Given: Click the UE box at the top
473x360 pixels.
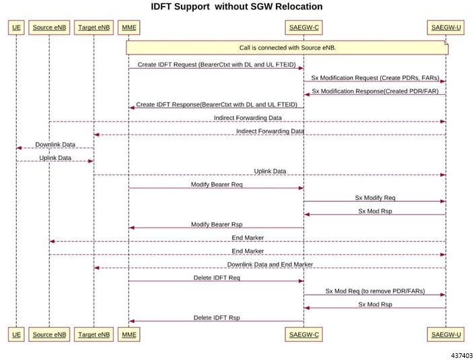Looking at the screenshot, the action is coord(16,28).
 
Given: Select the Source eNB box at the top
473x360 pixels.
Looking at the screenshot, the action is coord(49,28).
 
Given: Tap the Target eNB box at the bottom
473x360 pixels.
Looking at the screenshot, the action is coord(94,334).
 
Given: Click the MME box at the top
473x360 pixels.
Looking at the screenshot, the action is coord(129,28).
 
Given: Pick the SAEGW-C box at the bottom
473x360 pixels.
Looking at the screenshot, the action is coord(303,334).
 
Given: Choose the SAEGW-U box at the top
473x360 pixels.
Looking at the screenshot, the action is coord(446,28).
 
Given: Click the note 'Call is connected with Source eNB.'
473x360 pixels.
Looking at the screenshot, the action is coord(287,48).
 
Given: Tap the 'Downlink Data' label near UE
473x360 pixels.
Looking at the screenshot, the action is coord(55,145).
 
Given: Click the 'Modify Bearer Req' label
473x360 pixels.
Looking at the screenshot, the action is coord(217,184).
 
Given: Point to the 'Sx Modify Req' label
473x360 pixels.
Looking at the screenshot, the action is coord(375,198).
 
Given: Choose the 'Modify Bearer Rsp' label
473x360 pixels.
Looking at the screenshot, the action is coord(217,224).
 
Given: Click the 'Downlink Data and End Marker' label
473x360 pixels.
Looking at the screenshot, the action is coord(270,264).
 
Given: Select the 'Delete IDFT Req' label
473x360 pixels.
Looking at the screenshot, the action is coord(217,278).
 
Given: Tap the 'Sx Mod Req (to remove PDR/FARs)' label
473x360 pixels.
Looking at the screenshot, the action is coord(375,291).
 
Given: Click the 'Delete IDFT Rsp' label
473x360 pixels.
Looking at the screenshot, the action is coord(217,318).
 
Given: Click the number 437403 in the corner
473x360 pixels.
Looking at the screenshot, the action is coord(462,355).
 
